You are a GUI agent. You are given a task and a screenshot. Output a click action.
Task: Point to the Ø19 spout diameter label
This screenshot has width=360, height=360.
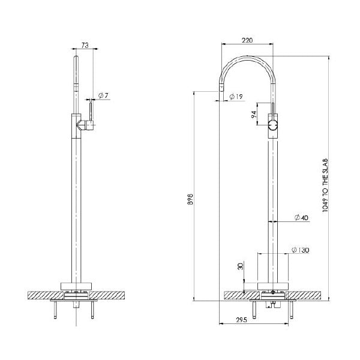pos(235,97)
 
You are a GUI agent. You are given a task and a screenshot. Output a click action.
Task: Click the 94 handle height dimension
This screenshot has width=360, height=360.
pos(254,113)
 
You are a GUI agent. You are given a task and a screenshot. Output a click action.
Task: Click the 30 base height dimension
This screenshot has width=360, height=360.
pos(240,267)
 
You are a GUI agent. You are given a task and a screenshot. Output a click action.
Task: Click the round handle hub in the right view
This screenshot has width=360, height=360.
pos(273,125)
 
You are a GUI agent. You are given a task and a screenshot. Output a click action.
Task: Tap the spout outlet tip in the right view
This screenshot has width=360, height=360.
pos(221,89)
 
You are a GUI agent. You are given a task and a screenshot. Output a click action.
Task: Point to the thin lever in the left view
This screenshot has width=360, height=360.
pos(90,110)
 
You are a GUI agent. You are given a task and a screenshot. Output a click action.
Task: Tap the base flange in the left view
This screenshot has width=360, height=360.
pos(76,286)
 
